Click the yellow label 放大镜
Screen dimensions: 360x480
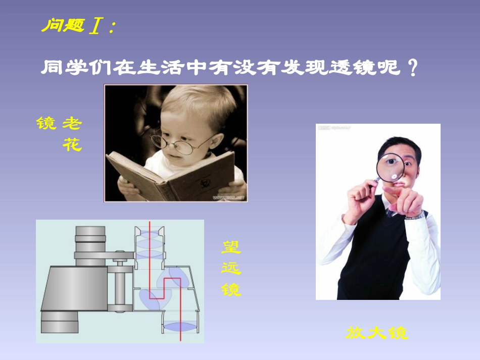point(377,333)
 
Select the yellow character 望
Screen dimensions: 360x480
point(231,247)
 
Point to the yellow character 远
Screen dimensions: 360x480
point(231,268)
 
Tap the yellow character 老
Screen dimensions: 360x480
point(72,123)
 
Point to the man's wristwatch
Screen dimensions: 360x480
point(416,216)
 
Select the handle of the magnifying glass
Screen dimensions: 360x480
point(372,184)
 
